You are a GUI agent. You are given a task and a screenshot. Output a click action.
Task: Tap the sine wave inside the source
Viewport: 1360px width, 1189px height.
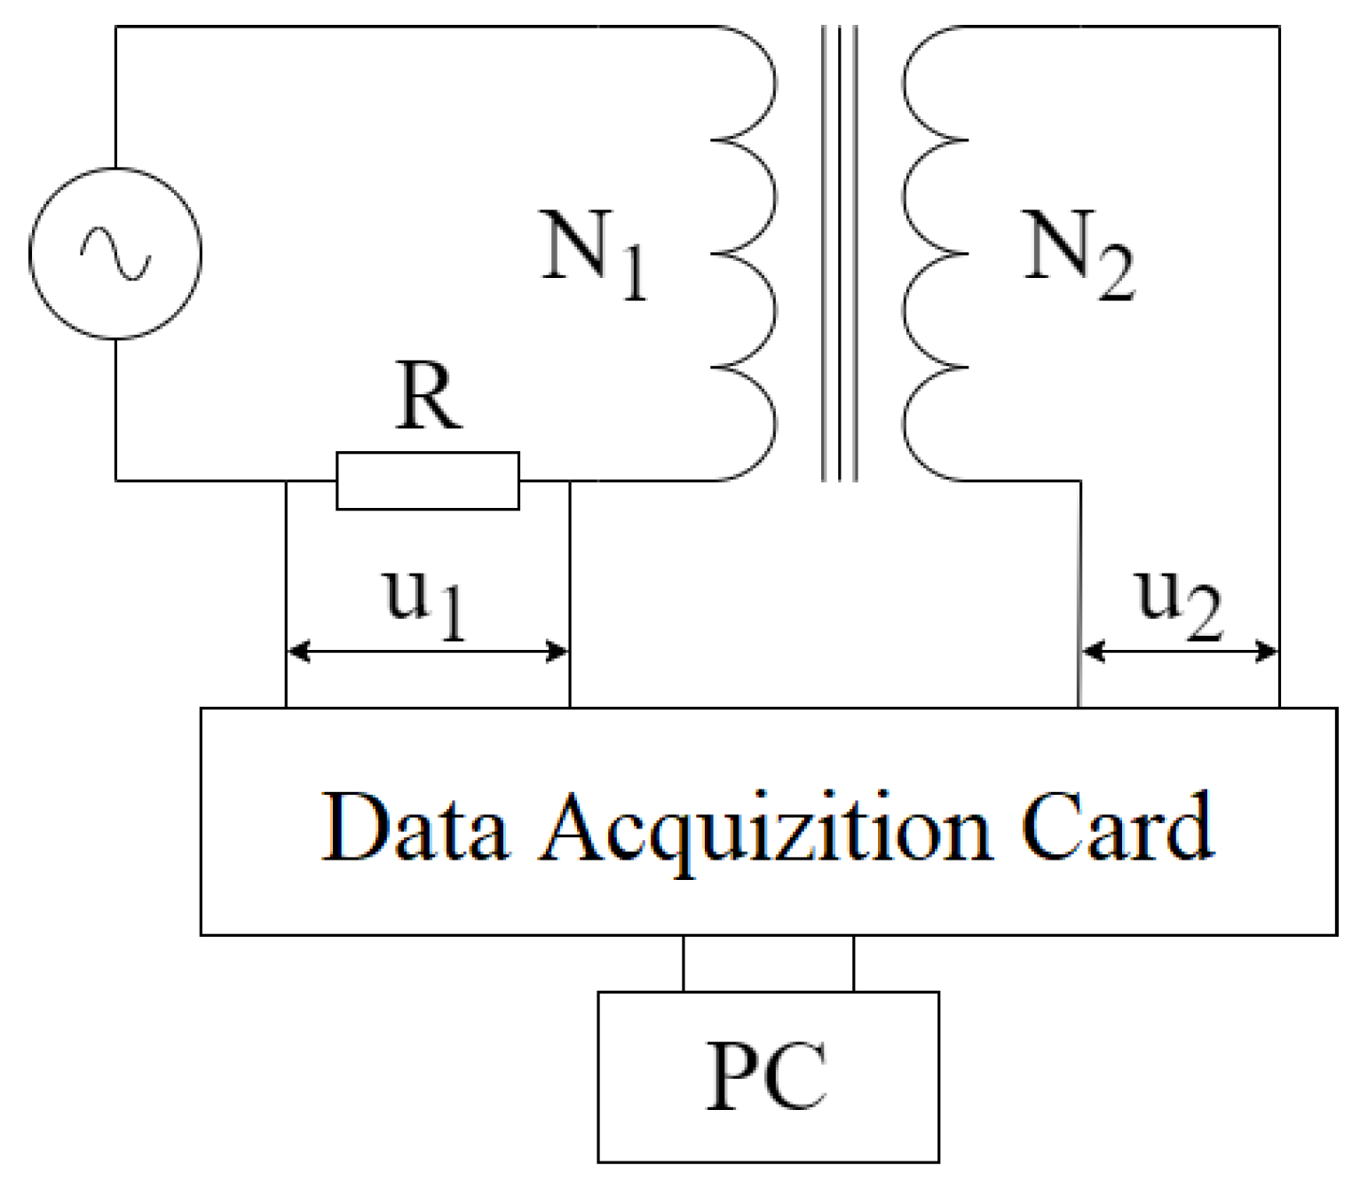(x=115, y=253)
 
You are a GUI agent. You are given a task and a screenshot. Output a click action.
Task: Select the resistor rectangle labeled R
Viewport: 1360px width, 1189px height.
(x=427, y=480)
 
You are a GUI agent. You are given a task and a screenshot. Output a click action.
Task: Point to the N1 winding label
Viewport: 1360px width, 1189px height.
(x=593, y=254)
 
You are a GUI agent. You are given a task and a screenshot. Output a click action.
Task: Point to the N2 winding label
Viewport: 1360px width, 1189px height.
(x=1078, y=254)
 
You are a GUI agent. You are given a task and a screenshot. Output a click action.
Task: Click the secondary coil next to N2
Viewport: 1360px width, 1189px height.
(x=932, y=254)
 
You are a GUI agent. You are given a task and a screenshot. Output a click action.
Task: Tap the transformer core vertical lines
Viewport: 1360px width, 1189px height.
(x=839, y=254)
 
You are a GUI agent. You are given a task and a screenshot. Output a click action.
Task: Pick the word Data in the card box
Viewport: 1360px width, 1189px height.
(x=414, y=828)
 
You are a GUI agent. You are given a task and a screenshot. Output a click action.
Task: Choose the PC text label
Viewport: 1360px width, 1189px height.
(x=767, y=1076)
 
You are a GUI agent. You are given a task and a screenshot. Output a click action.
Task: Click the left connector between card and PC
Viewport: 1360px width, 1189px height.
(x=684, y=963)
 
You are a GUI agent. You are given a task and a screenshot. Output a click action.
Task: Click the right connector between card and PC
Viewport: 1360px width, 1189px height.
(x=853, y=963)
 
